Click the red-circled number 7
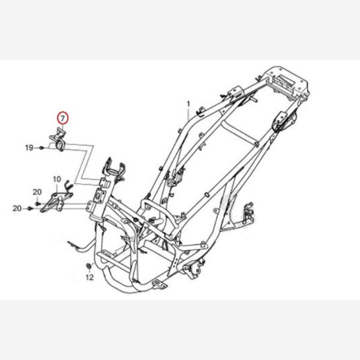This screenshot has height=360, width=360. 62,118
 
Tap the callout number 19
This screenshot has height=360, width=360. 29,148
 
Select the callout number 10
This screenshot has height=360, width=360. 57,179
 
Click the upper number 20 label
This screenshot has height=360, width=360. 37,192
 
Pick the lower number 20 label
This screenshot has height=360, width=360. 17,208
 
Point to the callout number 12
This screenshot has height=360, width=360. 89,278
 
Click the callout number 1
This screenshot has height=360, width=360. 188,104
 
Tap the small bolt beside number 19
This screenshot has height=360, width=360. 41,148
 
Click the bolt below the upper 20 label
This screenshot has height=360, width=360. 37,203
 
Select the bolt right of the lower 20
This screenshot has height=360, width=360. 29,208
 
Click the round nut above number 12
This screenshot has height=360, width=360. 88,266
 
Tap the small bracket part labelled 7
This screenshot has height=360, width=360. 58,140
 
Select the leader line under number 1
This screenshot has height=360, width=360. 188,115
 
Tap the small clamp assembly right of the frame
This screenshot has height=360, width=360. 248,214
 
